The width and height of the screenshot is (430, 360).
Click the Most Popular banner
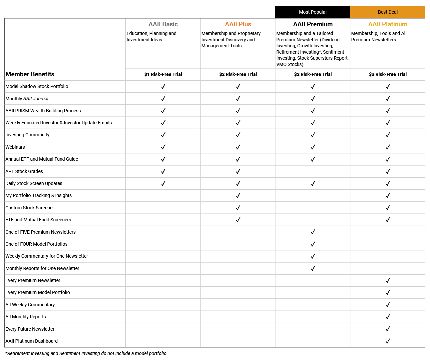(313, 12)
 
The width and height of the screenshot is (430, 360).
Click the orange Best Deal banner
(388, 12)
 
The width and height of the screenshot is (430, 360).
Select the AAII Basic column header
(163, 24)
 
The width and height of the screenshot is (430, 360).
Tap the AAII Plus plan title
(238, 24)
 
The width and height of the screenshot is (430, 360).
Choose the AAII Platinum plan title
(388, 24)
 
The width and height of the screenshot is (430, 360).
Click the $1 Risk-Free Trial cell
(163, 74)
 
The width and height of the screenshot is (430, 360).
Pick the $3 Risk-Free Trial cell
(388, 74)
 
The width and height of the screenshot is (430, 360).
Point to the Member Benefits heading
(30, 74)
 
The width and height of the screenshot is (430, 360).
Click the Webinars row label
(15, 147)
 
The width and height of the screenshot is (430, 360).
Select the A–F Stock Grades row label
(24, 171)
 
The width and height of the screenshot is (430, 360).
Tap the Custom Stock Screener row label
(30, 208)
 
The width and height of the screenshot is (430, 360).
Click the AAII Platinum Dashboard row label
(32, 341)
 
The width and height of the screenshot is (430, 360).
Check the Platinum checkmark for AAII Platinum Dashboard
(388, 341)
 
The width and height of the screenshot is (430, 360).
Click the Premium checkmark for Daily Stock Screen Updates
(313, 183)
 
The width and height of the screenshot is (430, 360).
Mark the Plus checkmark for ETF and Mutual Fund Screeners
(238, 220)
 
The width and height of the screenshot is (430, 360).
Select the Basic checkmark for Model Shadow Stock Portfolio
(163, 86)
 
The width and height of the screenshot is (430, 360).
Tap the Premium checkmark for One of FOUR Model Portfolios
(313, 244)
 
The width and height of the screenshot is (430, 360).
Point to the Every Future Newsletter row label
(30, 329)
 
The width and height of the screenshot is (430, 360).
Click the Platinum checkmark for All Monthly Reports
(388, 317)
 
